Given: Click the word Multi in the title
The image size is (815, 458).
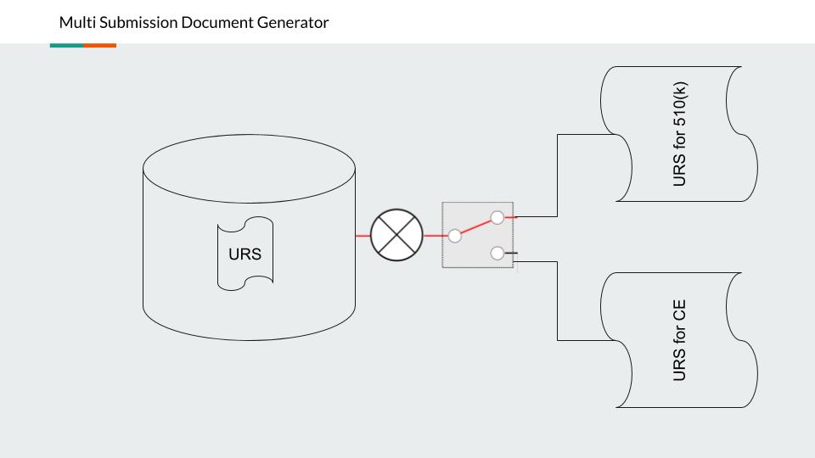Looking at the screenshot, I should pos(75,23).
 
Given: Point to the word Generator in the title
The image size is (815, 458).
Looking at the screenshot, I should pos(291,23).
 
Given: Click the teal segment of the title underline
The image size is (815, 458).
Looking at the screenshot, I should pos(66,45).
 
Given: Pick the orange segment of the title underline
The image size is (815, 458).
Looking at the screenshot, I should pos(99,45).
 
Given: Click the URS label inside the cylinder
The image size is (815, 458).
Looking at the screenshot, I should pos(244,254).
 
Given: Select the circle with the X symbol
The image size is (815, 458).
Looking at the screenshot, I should pos(396,235).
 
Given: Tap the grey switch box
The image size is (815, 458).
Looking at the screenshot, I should pos(478,254).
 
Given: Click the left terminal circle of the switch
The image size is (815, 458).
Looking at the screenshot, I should pos(455,236).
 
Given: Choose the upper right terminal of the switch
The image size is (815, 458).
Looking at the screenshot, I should pos(498,217).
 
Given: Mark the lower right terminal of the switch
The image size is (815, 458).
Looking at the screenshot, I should pos(498,253).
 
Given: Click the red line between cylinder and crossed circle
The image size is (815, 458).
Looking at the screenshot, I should pos(363,235).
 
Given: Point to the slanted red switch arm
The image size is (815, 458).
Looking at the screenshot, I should pos(476,226).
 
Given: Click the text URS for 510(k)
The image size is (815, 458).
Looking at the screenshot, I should pos(678,135).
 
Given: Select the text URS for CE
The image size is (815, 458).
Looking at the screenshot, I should pos(678,340).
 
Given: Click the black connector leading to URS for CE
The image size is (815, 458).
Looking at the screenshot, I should pos(557,301).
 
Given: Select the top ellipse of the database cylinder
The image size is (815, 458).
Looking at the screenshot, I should pos(249,165).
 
